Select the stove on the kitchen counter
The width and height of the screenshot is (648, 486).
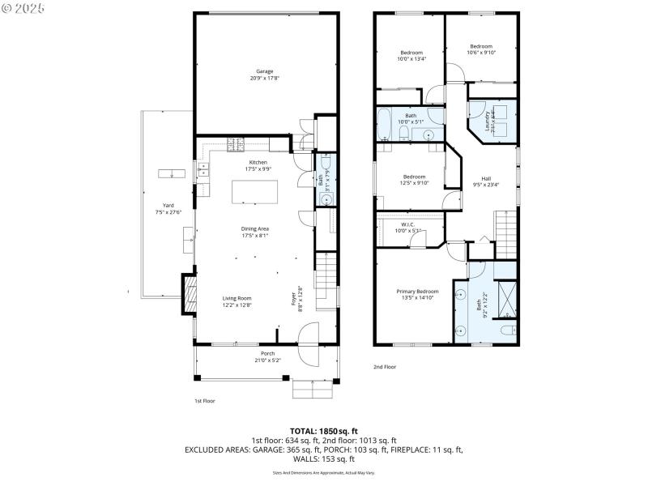tap(236, 145)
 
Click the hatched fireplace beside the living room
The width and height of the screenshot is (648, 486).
tap(189, 294)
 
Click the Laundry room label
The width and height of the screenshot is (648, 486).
tap(488, 122)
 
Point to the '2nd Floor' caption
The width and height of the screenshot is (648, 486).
tap(384, 366)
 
